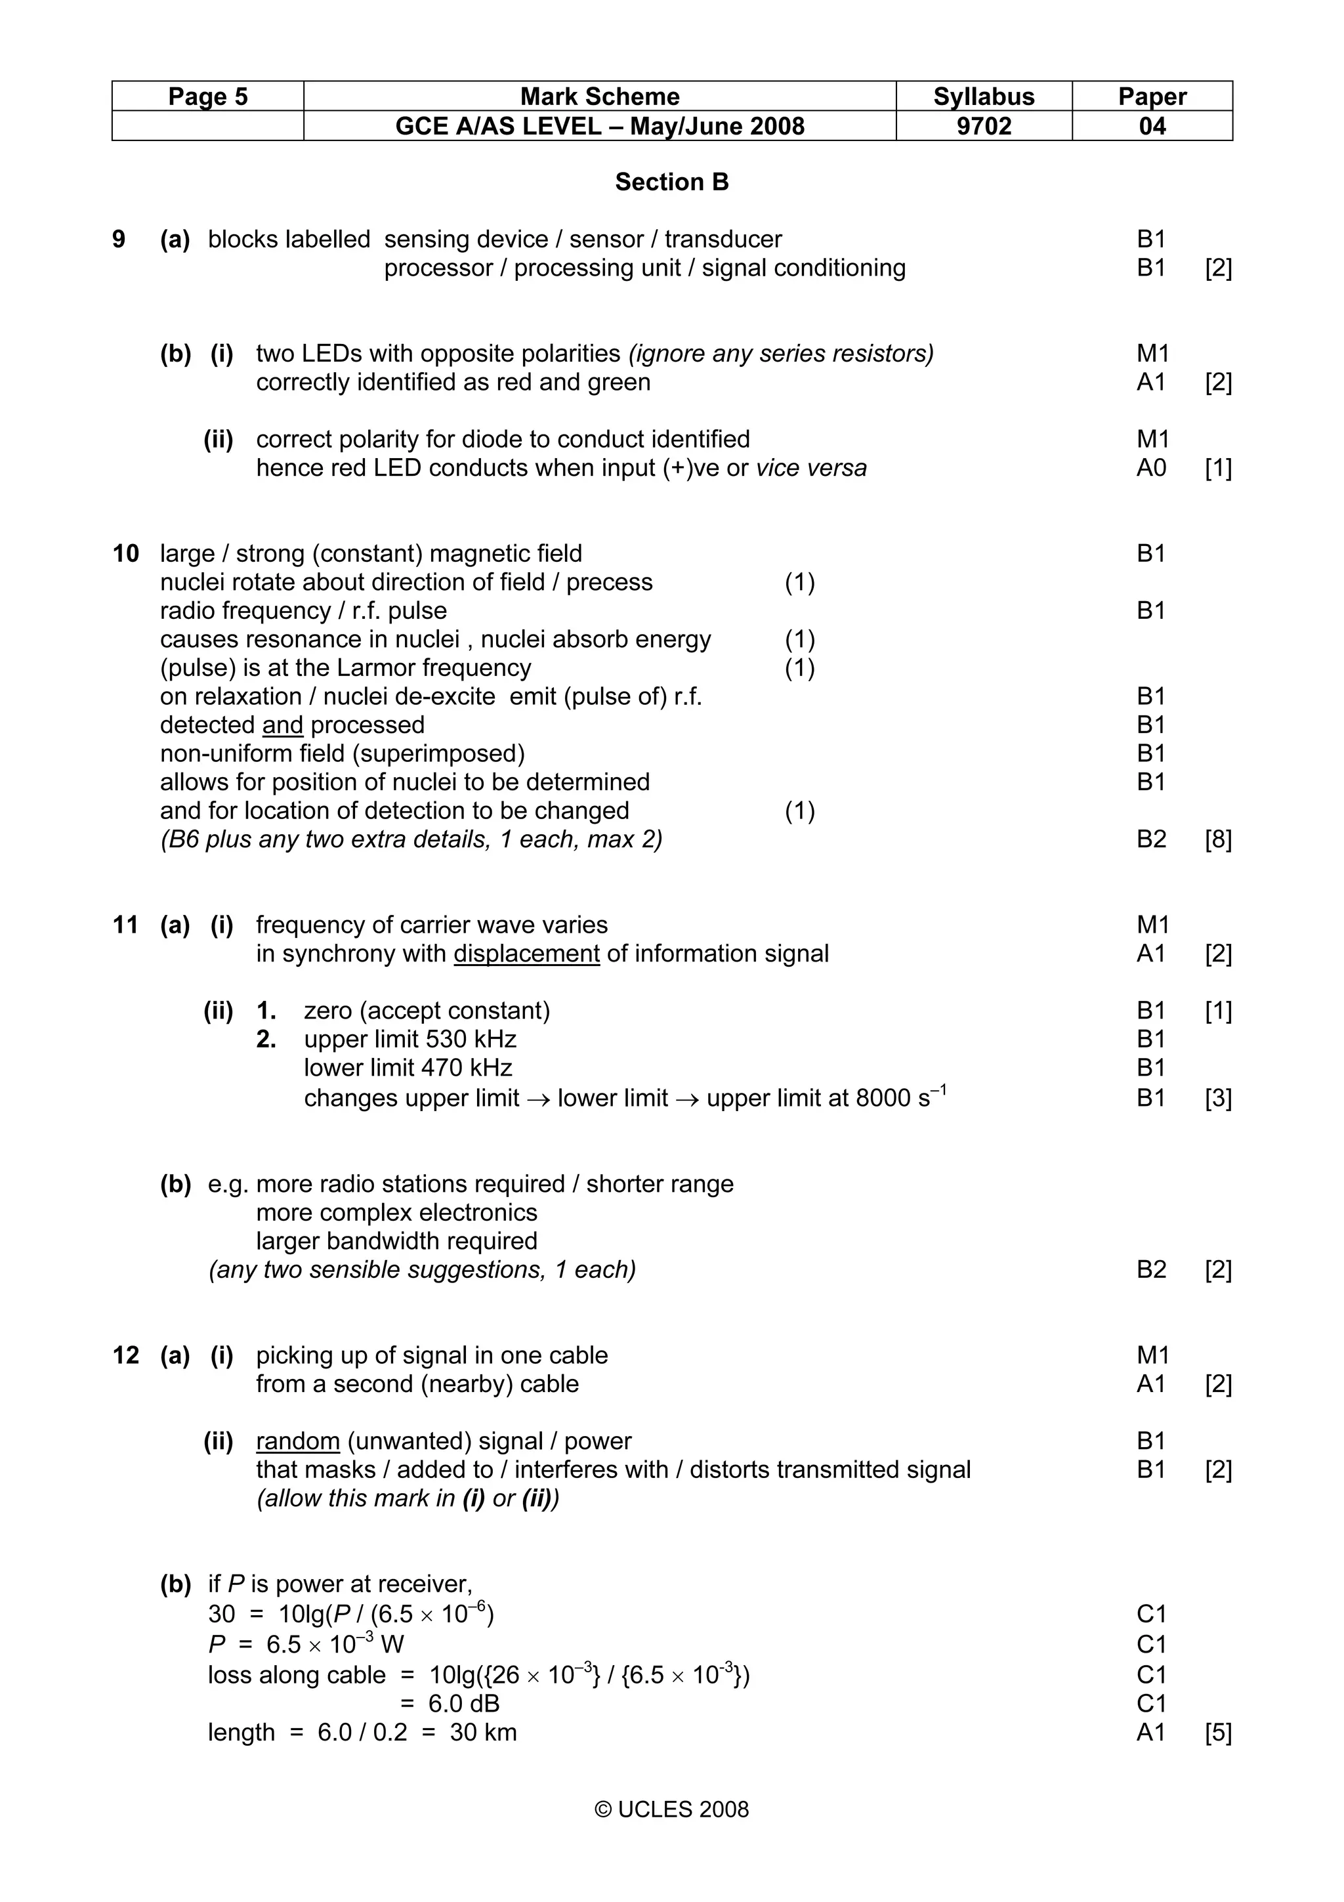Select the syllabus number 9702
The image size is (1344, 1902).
click(984, 127)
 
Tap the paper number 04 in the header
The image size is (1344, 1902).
click(1152, 127)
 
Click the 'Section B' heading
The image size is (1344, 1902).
click(671, 182)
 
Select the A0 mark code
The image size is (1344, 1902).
click(1151, 468)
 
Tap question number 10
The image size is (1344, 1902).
click(126, 553)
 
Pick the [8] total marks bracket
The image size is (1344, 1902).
click(1218, 840)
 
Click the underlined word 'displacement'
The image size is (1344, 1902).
click(527, 954)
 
